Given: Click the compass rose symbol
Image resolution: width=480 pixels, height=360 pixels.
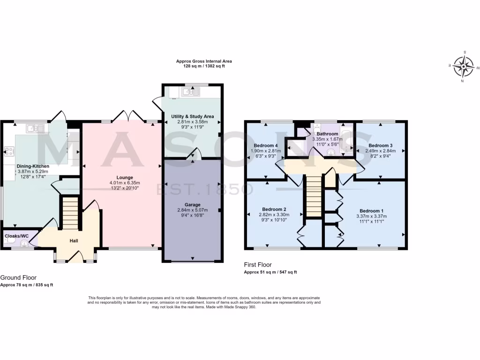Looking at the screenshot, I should [464, 67].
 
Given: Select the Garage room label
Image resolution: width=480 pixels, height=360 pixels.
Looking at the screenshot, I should [192, 205].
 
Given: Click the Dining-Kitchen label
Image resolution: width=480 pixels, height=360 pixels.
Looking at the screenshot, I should [33, 166].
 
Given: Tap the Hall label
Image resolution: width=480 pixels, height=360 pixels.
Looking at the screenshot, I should [74, 241].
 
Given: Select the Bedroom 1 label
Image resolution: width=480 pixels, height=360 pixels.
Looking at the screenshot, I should [373, 210].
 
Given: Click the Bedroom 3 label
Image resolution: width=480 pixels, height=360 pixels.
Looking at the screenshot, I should [380, 145].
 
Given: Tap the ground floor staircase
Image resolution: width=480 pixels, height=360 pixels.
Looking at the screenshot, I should [69, 213].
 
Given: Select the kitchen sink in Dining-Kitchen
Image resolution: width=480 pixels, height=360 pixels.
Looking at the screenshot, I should [32, 128].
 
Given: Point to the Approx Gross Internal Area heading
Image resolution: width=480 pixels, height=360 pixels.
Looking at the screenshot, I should [204, 61].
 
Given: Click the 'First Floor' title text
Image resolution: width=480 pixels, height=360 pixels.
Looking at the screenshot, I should [258, 265].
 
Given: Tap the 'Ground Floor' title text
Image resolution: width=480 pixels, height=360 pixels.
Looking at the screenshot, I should [18, 277].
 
